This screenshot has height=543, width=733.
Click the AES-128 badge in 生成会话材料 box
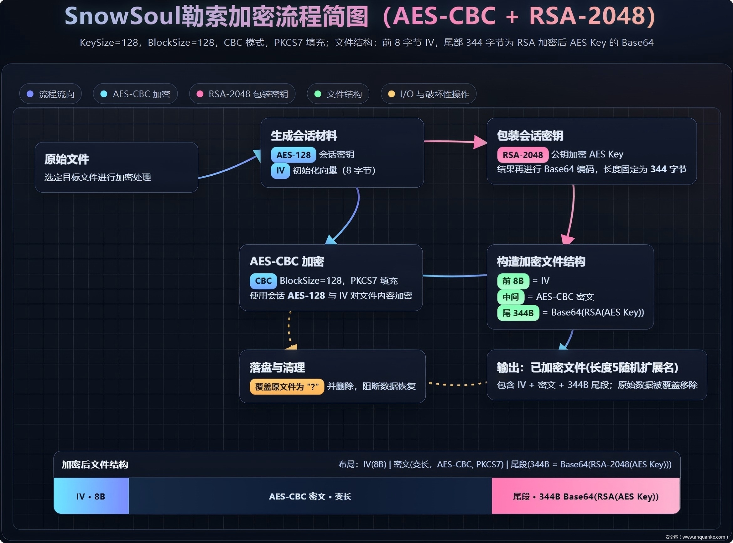(293, 155)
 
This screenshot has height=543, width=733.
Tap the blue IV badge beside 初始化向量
(280, 171)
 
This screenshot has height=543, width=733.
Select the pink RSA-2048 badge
(522, 155)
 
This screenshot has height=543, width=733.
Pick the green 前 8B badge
(513, 281)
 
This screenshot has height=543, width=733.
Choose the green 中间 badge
(511, 297)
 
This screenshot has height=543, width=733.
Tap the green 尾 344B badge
(518, 313)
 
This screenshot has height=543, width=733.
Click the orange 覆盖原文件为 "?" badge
(287, 386)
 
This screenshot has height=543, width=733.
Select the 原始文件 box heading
(67, 159)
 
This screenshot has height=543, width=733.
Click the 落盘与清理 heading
(277, 367)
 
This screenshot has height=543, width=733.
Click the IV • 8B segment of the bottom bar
(91, 496)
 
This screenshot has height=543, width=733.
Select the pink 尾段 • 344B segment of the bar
(585, 496)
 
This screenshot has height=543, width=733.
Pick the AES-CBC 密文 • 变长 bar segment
(310, 496)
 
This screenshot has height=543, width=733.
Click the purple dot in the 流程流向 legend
(30, 94)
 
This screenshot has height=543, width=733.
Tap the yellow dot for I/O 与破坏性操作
(391, 94)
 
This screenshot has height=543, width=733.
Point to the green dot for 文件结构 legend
(318, 94)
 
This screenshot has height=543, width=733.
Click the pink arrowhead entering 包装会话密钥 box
(480, 142)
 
